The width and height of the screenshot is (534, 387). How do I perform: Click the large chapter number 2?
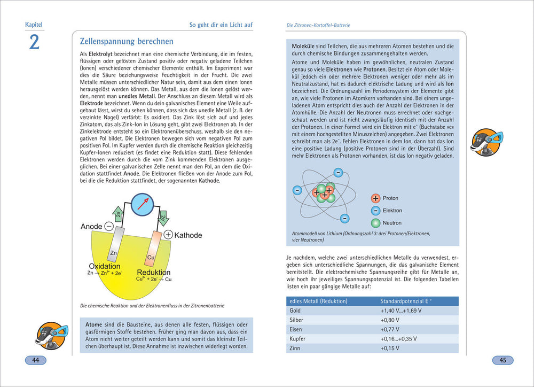click(x=34, y=42)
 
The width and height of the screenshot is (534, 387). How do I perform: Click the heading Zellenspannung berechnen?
click(x=126, y=41)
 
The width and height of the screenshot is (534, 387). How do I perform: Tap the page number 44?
click(x=36, y=360)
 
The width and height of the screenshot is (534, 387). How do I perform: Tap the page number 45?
click(x=502, y=360)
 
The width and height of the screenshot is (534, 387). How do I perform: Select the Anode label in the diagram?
click(x=91, y=227)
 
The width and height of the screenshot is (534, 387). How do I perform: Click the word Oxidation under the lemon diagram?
click(x=104, y=266)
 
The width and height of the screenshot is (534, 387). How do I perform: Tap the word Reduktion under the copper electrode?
click(x=153, y=272)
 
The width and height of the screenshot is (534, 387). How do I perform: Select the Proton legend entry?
click(x=390, y=198)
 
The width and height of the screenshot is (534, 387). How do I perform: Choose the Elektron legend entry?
click(x=392, y=211)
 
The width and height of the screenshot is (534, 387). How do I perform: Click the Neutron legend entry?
click(x=392, y=223)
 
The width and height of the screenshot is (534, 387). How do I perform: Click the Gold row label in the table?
click(x=295, y=311)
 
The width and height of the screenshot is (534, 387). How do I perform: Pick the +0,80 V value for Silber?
click(x=390, y=320)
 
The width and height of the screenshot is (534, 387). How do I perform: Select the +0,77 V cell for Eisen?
click(x=390, y=329)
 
